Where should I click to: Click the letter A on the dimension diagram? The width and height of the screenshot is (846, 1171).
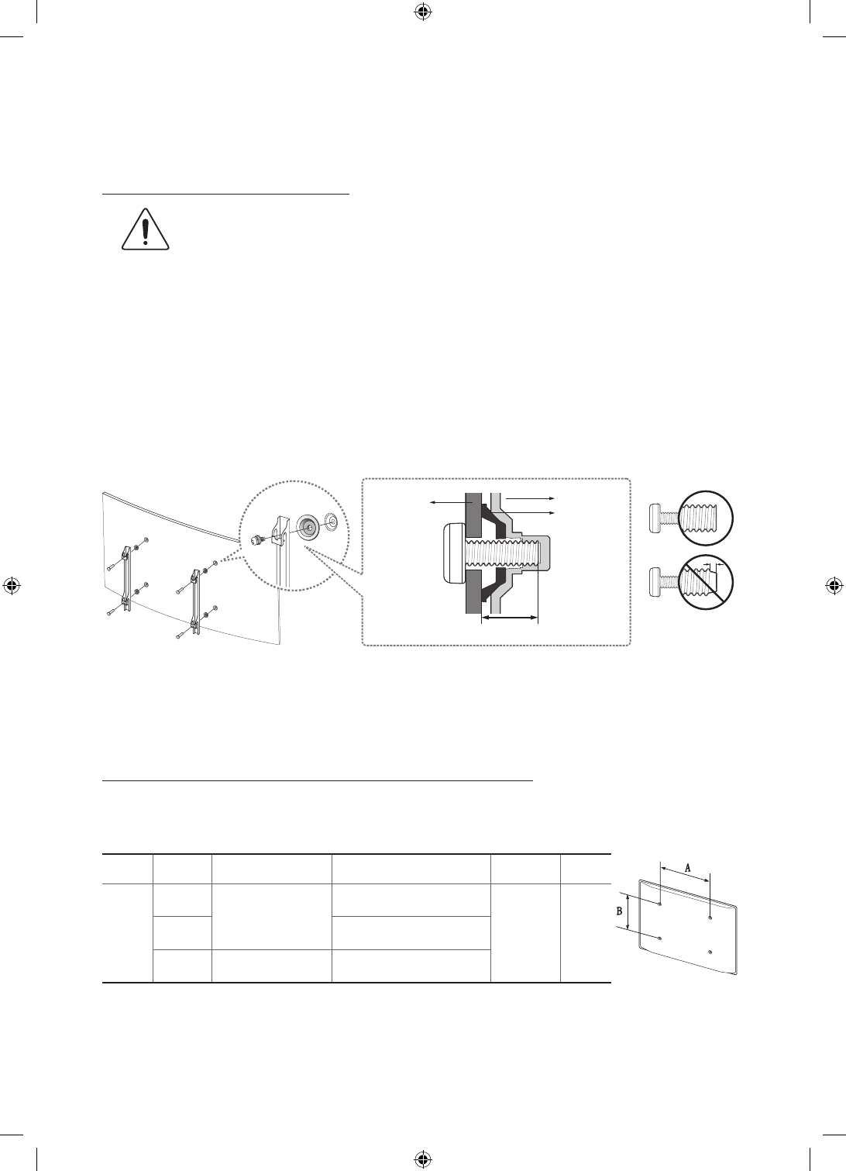(x=687, y=868)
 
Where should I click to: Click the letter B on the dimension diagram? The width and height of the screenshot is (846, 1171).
(x=620, y=912)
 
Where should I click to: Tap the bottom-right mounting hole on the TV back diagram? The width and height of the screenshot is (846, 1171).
(x=710, y=950)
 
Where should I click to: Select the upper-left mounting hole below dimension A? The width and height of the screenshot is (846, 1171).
(x=659, y=904)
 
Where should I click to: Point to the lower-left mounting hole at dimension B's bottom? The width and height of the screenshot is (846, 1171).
(x=659, y=938)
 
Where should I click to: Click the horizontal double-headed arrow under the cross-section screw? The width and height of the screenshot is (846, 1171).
(x=509, y=618)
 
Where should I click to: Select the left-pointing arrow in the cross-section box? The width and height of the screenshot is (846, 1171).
(x=445, y=503)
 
